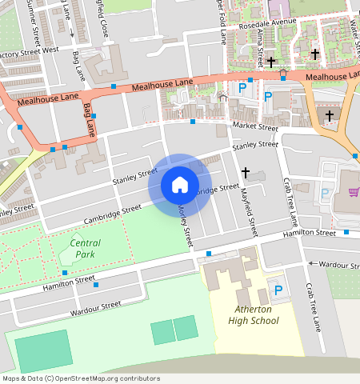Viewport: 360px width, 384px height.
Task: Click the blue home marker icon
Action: click(x=180, y=186)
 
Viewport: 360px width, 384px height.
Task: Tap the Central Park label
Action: click(x=86, y=248)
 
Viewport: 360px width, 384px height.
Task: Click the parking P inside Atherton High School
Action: click(x=278, y=290)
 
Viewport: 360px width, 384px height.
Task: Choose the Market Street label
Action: click(x=254, y=127)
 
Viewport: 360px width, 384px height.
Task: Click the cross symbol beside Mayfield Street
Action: click(x=246, y=172)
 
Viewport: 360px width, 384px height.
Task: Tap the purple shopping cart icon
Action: click(x=353, y=192)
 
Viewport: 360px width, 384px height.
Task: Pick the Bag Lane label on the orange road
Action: click(x=89, y=119)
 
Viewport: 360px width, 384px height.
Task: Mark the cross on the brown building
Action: click(x=329, y=117)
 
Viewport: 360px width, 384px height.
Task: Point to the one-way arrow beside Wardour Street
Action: click(x=309, y=263)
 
